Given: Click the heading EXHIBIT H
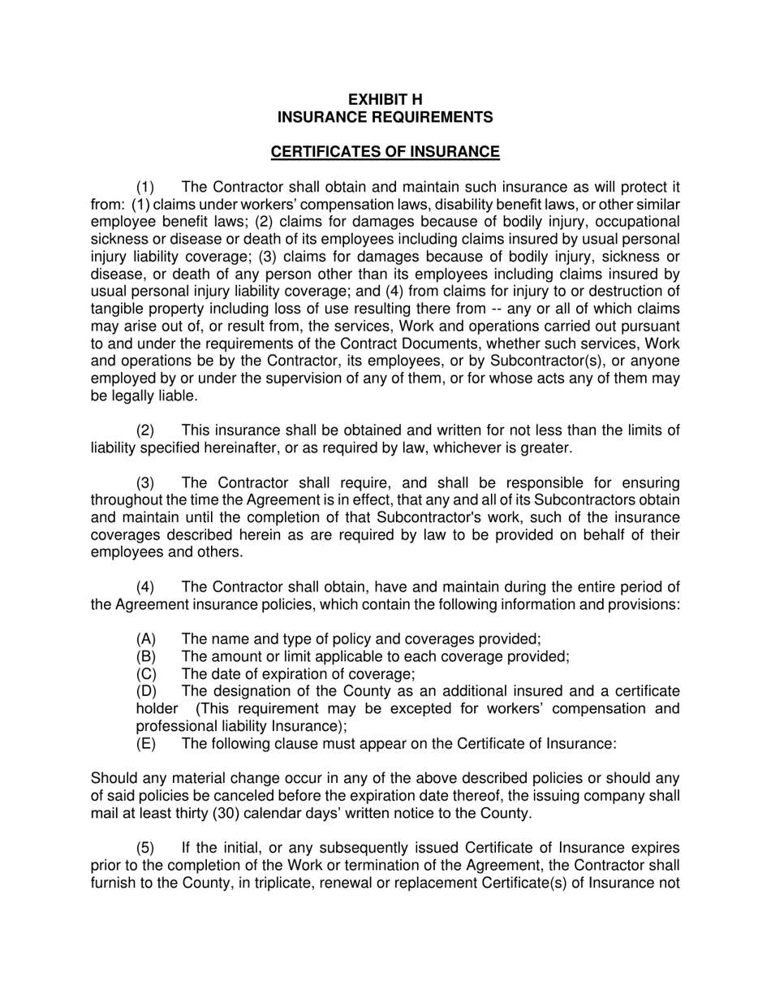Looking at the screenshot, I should (385, 99).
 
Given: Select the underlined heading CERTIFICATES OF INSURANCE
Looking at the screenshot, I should (385, 152).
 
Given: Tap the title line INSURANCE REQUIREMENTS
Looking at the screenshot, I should (385, 117).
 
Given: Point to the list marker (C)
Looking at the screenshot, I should (146, 674).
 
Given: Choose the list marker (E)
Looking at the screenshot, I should (146, 743).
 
